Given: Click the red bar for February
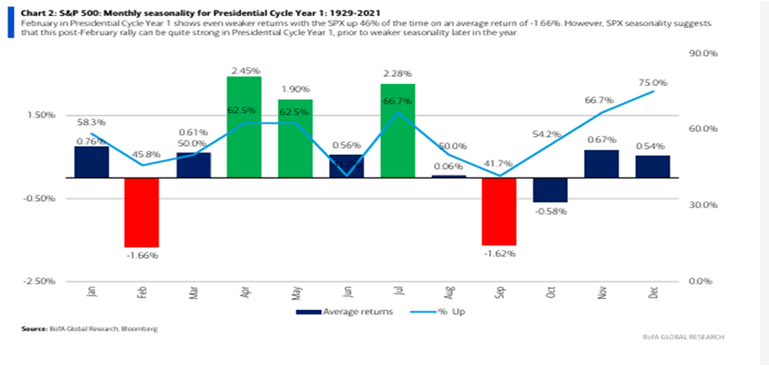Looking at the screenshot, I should click(142, 212).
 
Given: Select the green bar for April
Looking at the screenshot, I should click(244, 127).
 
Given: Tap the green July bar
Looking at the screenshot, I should click(397, 131).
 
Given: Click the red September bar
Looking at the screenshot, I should click(499, 211).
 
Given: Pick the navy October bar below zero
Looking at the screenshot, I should click(550, 190).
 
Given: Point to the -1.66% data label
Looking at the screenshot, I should click(142, 255).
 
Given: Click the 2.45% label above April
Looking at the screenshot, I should click(244, 70).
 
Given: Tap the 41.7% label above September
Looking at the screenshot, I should click(499, 164).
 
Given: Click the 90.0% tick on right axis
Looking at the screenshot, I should click(703, 53).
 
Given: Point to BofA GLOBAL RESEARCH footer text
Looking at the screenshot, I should click(683, 337).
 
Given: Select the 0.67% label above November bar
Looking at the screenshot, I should click(602, 139).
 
